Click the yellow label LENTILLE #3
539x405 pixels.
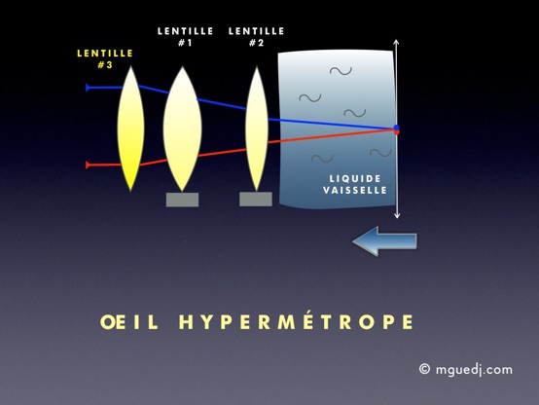pyautogui.click(x=105, y=58)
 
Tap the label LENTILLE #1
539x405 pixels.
pyautogui.click(x=185, y=37)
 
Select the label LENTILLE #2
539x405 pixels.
pyautogui.click(x=257, y=37)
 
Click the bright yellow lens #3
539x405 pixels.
pyautogui.click(x=130, y=129)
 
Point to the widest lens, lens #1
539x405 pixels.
pyautogui.click(x=182, y=129)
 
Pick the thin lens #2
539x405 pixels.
pyautogui.click(x=257, y=129)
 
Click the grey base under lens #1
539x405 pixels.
pyautogui.click(x=182, y=200)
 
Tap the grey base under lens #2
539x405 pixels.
pyautogui.click(x=256, y=200)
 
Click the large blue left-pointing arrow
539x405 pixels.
pyautogui.click(x=384, y=240)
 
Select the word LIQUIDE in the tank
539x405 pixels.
pyautogui.click(x=355, y=178)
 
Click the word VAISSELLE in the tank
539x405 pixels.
pyautogui.click(x=355, y=190)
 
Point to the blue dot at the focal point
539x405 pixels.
pyautogui.click(x=397, y=128)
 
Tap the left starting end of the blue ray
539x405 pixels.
pyautogui.click(x=88, y=88)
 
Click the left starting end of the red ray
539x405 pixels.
pyautogui.click(x=88, y=165)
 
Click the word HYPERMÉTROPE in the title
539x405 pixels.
pyautogui.click(x=296, y=321)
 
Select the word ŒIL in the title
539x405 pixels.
pyautogui.click(x=129, y=322)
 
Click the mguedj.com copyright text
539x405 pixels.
pyautogui.click(x=466, y=370)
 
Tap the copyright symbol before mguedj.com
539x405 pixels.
pyautogui.click(x=424, y=369)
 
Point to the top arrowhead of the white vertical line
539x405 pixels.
pyautogui.click(x=396, y=42)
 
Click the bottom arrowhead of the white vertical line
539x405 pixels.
pyautogui.click(x=397, y=216)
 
